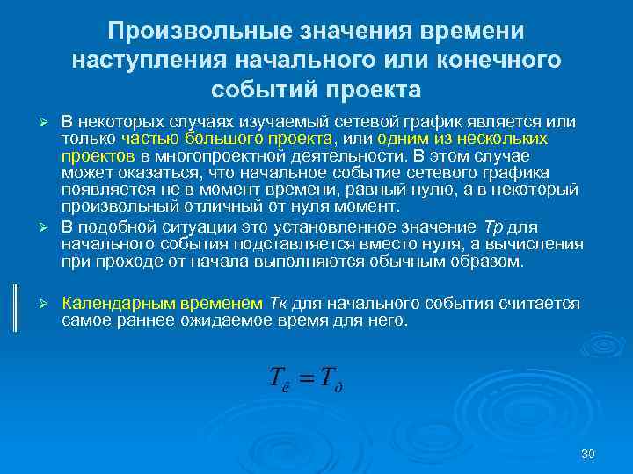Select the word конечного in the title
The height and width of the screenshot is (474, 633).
coord(498,61)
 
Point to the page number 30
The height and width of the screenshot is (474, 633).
coord(589,454)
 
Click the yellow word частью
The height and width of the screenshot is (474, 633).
coord(149,139)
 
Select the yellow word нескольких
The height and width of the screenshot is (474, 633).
coord(508,139)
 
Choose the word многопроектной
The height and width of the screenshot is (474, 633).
coord(187,154)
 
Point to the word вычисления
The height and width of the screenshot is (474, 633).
coord(542,245)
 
